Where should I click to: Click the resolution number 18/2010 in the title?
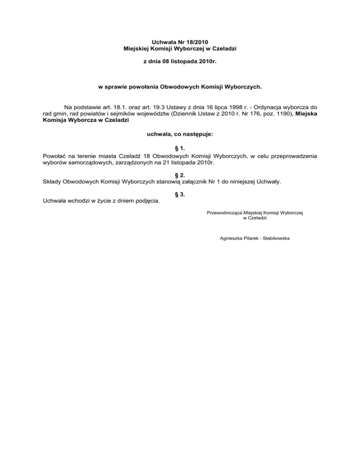200,42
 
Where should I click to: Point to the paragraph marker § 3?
180,194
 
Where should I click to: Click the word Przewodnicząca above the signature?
223,213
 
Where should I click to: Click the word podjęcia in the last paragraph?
147,201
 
